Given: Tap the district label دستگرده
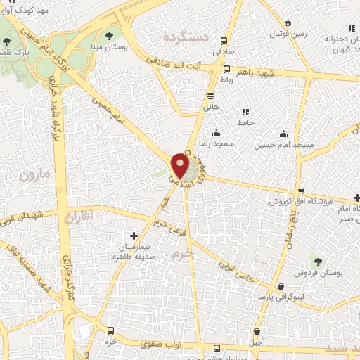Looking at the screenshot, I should (x=187, y=37).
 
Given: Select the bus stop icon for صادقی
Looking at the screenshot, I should (x=224, y=41).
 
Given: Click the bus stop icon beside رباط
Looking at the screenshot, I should (x=226, y=70).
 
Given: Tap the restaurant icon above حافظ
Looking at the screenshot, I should (x=245, y=112).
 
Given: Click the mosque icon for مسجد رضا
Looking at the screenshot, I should (x=215, y=134).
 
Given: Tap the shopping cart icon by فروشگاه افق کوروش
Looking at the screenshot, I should (x=300, y=192).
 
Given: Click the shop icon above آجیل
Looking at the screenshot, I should (x=257, y=331).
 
